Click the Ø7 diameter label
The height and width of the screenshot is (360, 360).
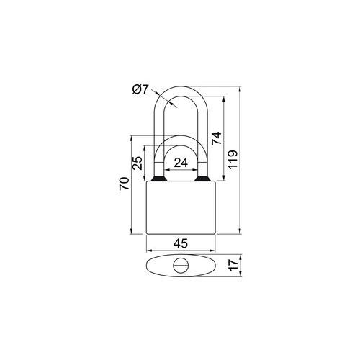[x=140, y=90]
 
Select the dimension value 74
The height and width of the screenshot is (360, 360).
[x=217, y=138]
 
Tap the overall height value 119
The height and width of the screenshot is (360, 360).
[x=233, y=160]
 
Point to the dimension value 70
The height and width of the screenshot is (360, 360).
[x=125, y=184]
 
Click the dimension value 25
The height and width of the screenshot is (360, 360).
[x=138, y=163]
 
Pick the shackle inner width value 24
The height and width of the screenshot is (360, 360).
[x=181, y=163]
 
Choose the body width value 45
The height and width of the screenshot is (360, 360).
[x=181, y=243]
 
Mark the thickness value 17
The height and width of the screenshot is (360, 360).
[x=233, y=265]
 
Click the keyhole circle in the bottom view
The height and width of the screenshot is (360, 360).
[x=181, y=266]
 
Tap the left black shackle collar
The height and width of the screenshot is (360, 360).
[x=158, y=179]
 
